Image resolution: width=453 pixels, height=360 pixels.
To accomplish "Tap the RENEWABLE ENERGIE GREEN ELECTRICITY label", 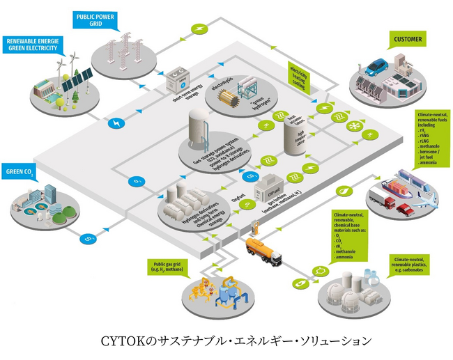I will (x=33, y=45).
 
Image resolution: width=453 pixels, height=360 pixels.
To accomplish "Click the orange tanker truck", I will (x=263, y=251).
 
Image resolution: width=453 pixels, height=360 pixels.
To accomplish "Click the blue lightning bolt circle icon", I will (x=113, y=123).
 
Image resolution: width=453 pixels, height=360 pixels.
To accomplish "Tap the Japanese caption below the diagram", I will (x=227, y=341).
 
